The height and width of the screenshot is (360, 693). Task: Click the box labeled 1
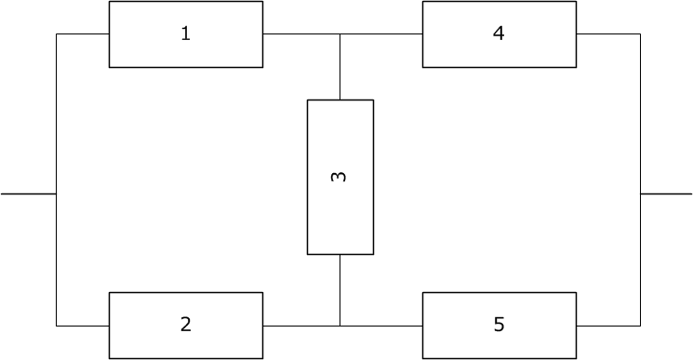point(185,34)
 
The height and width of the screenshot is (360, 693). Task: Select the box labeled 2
point(185,326)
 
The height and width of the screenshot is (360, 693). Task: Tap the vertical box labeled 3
point(340,177)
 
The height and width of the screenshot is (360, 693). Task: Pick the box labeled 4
point(499,34)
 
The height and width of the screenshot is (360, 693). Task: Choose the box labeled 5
point(499,326)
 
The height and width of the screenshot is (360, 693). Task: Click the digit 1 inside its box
point(185,34)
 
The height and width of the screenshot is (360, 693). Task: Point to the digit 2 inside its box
point(185,325)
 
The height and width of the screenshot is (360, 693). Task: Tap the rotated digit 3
point(340,176)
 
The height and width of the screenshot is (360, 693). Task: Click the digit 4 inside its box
point(499,34)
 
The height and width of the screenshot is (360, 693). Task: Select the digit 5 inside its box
point(499,325)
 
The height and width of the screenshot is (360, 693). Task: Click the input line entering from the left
point(28,193)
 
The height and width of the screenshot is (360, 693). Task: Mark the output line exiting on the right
point(666,193)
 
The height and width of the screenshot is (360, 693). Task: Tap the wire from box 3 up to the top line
point(340,67)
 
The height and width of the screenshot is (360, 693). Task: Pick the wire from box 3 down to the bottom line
point(340,290)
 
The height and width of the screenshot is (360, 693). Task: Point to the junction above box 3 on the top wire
point(340,34)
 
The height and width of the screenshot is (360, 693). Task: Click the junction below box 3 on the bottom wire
point(340,326)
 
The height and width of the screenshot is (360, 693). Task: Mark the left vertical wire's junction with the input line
point(57,193)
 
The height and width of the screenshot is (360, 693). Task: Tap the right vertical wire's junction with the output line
point(640,193)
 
